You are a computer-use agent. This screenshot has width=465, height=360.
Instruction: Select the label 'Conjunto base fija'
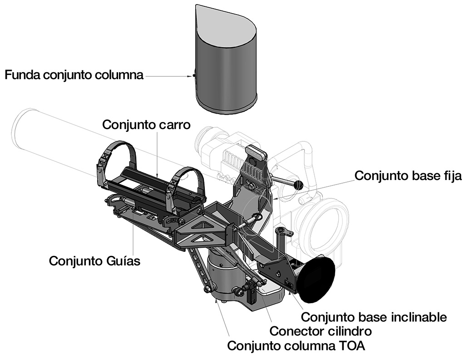point(408,176)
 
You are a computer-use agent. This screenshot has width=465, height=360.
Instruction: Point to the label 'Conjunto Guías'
point(94,261)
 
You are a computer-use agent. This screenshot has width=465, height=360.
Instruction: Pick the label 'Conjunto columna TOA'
point(296,345)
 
